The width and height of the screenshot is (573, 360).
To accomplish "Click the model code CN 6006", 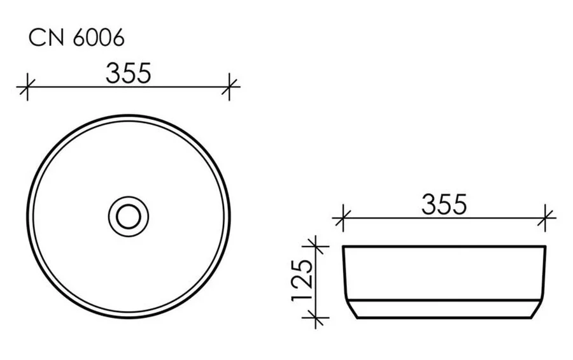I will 76,38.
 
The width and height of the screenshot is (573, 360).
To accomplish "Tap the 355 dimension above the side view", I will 444,205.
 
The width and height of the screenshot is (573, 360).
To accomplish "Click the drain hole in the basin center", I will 129,216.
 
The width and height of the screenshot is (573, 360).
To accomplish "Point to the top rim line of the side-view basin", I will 444,246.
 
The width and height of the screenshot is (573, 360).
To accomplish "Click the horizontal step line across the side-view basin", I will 444,299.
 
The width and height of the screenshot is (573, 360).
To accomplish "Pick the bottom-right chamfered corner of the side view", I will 539,310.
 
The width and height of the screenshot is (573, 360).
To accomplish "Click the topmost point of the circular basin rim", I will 129,115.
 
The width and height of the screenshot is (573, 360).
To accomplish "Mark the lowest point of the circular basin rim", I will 129,317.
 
